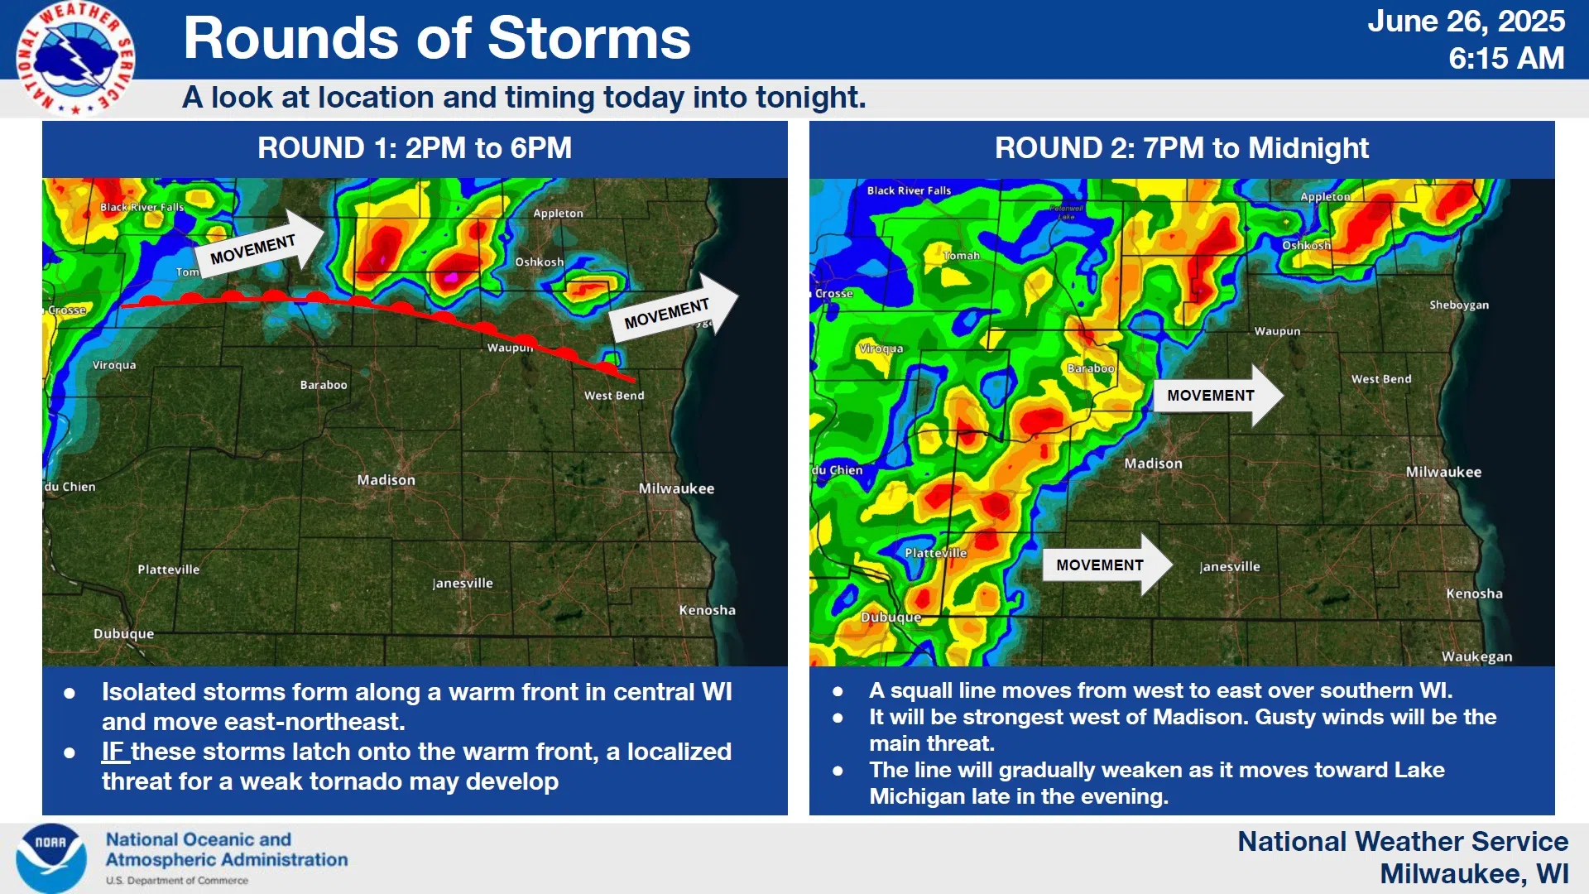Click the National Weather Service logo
tap(75, 58)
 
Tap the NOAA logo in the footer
tap(51, 858)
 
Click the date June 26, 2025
tap(1466, 22)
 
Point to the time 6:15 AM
tap(1506, 59)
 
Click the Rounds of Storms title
tap(437, 38)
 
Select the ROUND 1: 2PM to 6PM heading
tap(415, 148)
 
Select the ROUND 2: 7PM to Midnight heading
tap(1182, 148)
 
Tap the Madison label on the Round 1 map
tap(386, 480)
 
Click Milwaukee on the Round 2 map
tap(1443, 472)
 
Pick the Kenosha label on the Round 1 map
tap(707, 610)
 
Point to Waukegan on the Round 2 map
tap(1476, 656)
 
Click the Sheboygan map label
tap(1459, 305)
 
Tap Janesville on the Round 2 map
tap(1230, 567)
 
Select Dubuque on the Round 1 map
tap(123, 634)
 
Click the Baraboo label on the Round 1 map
tap(324, 385)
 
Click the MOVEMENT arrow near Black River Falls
tap(261, 243)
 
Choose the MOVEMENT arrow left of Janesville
tap(1107, 565)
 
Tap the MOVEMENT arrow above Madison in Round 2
tap(1218, 396)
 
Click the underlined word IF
tap(113, 752)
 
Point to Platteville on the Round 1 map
tap(169, 570)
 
